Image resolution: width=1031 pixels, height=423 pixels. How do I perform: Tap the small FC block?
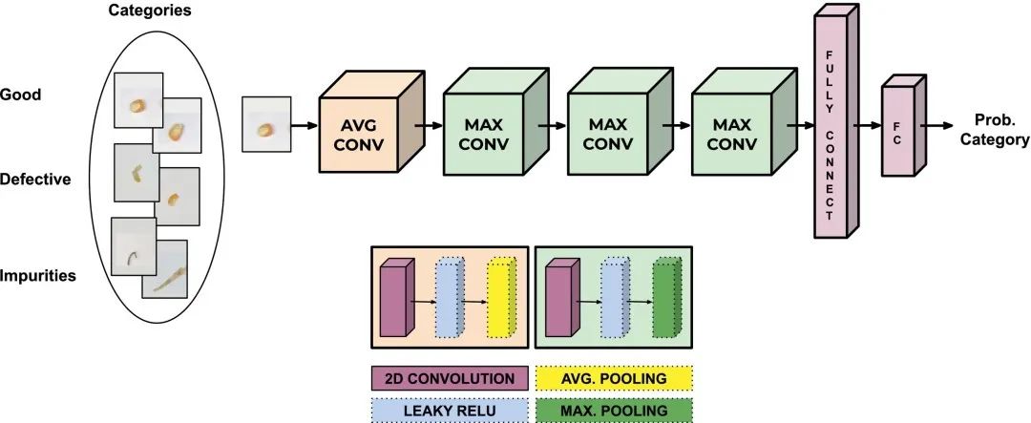[896, 130]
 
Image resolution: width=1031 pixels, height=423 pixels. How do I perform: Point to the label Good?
[20, 95]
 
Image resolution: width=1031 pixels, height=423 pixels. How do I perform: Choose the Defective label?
[35, 179]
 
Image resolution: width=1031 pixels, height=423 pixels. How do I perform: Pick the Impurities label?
[38, 276]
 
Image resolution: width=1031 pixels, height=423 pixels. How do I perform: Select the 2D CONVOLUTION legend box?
[448, 378]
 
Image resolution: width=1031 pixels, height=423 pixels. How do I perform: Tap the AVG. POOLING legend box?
[614, 378]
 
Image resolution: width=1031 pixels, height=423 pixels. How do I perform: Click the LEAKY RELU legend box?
[448, 410]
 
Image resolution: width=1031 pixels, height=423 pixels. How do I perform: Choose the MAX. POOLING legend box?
[614, 410]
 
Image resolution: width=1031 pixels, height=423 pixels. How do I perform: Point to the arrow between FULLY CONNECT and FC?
[866, 125]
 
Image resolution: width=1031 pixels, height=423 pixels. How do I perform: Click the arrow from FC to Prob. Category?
[941, 125]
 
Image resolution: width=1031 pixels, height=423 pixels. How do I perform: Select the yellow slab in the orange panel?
[501, 299]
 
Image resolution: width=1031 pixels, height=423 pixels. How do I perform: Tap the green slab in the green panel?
[666, 301]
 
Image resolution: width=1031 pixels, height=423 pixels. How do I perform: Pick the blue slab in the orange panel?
[448, 300]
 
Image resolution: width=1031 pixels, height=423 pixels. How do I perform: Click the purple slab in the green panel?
[558, 301]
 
